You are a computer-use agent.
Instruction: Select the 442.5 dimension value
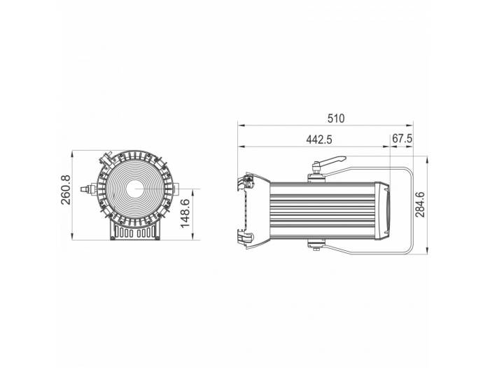tap(318, 139)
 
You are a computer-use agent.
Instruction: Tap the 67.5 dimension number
tap(402, 139)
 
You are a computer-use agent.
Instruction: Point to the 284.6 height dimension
tap(420, 204)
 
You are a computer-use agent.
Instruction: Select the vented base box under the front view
tap(134, 231)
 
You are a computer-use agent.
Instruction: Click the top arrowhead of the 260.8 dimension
tap(76, 151)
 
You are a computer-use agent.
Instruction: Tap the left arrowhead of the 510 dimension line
tap(241, 126)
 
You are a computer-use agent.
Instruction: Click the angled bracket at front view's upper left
tap(106, 157)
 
